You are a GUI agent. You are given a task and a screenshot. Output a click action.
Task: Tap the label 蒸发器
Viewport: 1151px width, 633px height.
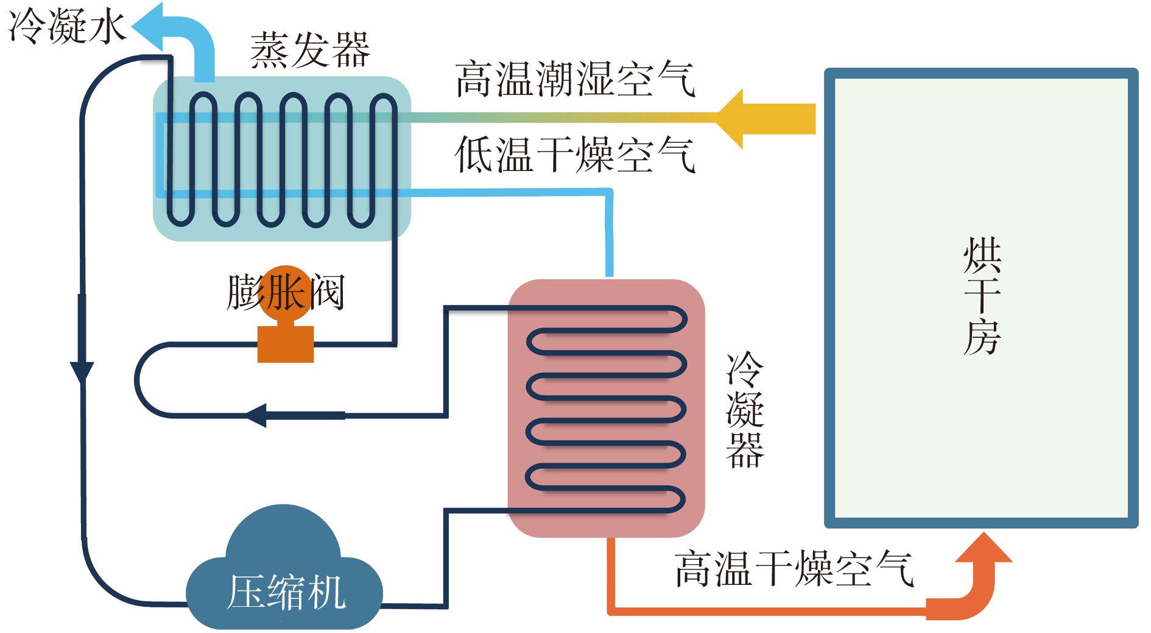[x=310, y=51]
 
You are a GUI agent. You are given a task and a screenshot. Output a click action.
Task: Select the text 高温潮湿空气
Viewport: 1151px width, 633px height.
[x=575, y=79]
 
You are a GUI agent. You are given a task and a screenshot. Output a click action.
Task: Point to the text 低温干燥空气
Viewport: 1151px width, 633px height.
[x=575, y=155]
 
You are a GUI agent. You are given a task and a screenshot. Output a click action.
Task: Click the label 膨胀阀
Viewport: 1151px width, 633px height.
[x=286, y=293]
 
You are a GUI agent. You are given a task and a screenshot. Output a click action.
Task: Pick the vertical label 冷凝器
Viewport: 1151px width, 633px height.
[x=745, y=409]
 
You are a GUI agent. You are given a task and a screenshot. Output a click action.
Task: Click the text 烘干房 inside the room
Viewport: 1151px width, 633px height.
[x=982, y=296]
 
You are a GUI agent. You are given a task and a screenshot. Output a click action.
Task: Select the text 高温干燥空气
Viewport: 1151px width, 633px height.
[x=794, y=568]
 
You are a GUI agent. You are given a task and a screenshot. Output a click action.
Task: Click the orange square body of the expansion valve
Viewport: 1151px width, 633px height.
[x=286, y=344]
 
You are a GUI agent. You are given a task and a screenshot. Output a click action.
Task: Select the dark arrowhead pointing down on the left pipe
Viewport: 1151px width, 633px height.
[x=82, y=372]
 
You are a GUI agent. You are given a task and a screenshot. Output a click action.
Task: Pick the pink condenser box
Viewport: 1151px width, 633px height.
[x=606, y=408]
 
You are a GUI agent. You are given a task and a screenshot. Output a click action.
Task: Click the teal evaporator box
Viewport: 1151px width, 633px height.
[x=281, y=158]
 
